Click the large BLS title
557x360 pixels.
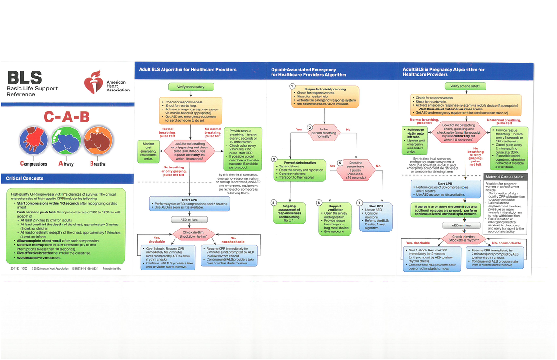24,77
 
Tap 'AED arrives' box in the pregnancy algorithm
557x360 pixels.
465,225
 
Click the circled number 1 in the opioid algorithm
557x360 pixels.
291,85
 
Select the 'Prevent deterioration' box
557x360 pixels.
299,170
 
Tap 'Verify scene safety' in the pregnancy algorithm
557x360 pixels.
465,86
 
